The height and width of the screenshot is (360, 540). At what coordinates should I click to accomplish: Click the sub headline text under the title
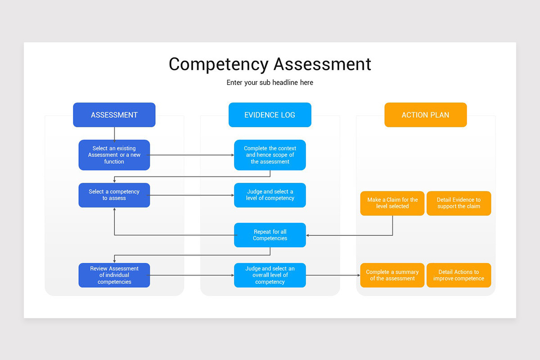click(x=270, y=83)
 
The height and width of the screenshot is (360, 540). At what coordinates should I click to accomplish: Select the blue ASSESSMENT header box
click(x=114, y=115)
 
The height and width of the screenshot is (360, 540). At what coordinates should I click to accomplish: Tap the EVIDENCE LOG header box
click(x=270, y=115)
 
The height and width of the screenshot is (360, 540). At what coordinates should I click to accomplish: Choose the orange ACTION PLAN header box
click(x=425, y=115)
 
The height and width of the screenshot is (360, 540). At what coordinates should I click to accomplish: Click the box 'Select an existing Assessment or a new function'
click(x=114, y=155)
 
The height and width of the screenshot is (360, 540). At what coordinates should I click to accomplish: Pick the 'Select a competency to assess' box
click(x=114, y=195)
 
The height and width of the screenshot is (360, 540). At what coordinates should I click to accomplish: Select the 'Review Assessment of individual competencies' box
click(x=114, y=275)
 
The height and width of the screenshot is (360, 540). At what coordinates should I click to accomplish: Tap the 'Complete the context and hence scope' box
click(x=270, y=155)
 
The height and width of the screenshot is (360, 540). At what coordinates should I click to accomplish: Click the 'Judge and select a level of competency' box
click(x=270, y=195)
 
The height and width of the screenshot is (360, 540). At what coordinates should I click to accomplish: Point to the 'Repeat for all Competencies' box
click(x=270, y=235)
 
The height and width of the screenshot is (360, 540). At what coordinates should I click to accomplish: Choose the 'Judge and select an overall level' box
click(x=270, y=275)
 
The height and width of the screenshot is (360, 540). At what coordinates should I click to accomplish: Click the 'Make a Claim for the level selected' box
click(x=392, y=203)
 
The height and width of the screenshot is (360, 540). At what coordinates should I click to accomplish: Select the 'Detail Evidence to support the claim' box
click(x=459, y=203)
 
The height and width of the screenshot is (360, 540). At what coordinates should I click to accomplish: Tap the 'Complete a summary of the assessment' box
click(x=392, y=275)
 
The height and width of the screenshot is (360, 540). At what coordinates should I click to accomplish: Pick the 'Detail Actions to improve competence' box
click(x=459, y=275)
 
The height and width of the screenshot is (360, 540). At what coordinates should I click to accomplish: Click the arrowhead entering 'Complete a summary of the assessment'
click(x=358, y=275)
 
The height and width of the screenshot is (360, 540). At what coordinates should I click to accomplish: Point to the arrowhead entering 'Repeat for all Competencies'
click(x=308, y=235)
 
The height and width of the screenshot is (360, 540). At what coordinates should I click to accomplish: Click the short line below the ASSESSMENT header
click(x=114, y=133)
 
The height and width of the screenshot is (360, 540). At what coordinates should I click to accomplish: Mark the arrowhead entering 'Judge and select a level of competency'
click(x=232, y=195)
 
